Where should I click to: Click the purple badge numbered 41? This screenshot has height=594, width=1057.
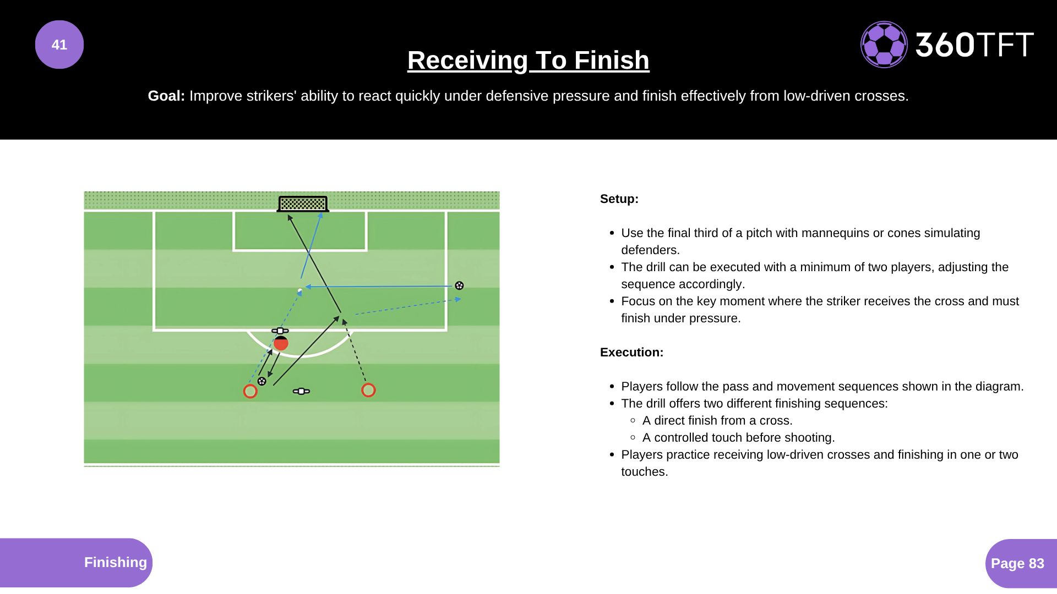point(59,45)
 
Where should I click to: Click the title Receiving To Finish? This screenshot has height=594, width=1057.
point(528,60)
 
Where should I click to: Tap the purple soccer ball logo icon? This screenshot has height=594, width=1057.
point(884,45)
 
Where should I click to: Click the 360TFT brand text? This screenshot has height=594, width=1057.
point(974,45)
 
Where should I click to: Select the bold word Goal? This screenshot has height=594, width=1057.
point(166,96)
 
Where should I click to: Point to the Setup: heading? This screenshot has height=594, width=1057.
point(619,199)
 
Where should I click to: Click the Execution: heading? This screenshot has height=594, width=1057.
point(631,352)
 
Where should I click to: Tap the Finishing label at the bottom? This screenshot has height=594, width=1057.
point(115,562)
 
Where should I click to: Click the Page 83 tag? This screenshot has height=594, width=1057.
point(1017,563)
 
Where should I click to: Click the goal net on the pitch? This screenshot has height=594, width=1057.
point(303,204)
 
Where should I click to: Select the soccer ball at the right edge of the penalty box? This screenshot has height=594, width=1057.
point(459,285)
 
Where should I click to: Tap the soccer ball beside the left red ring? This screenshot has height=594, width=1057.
point(262,381)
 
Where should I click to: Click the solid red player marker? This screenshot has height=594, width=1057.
point(281,344)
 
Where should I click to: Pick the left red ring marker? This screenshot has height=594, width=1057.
point(250,391)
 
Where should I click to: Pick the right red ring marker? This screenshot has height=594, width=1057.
point(368,390)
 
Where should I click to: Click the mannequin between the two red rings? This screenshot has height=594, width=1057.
point(301,391)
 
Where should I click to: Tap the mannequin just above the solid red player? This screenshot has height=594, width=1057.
point(280,331)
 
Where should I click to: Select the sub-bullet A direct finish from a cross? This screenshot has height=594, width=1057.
point(717,420)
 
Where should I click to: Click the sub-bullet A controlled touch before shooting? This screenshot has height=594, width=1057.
point(738,437)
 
